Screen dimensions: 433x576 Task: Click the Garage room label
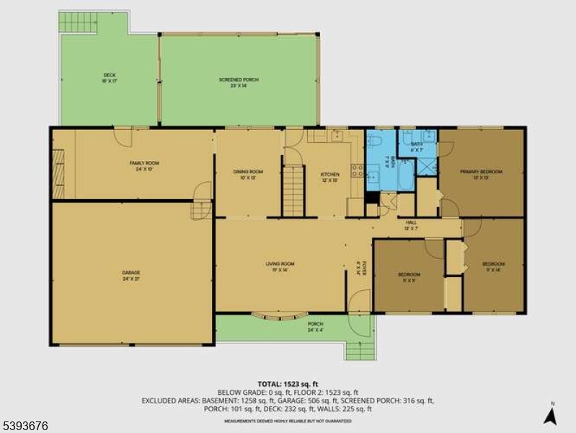130,273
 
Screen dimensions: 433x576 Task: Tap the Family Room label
144,164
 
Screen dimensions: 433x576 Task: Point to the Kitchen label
329,175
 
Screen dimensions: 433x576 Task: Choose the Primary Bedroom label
481,172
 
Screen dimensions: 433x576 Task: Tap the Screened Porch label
239,79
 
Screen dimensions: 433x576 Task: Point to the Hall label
412,223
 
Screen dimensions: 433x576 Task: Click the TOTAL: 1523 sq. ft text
288,383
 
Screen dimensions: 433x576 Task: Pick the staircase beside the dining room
293,191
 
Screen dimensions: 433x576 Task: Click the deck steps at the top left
77,22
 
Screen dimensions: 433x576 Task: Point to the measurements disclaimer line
288,419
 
